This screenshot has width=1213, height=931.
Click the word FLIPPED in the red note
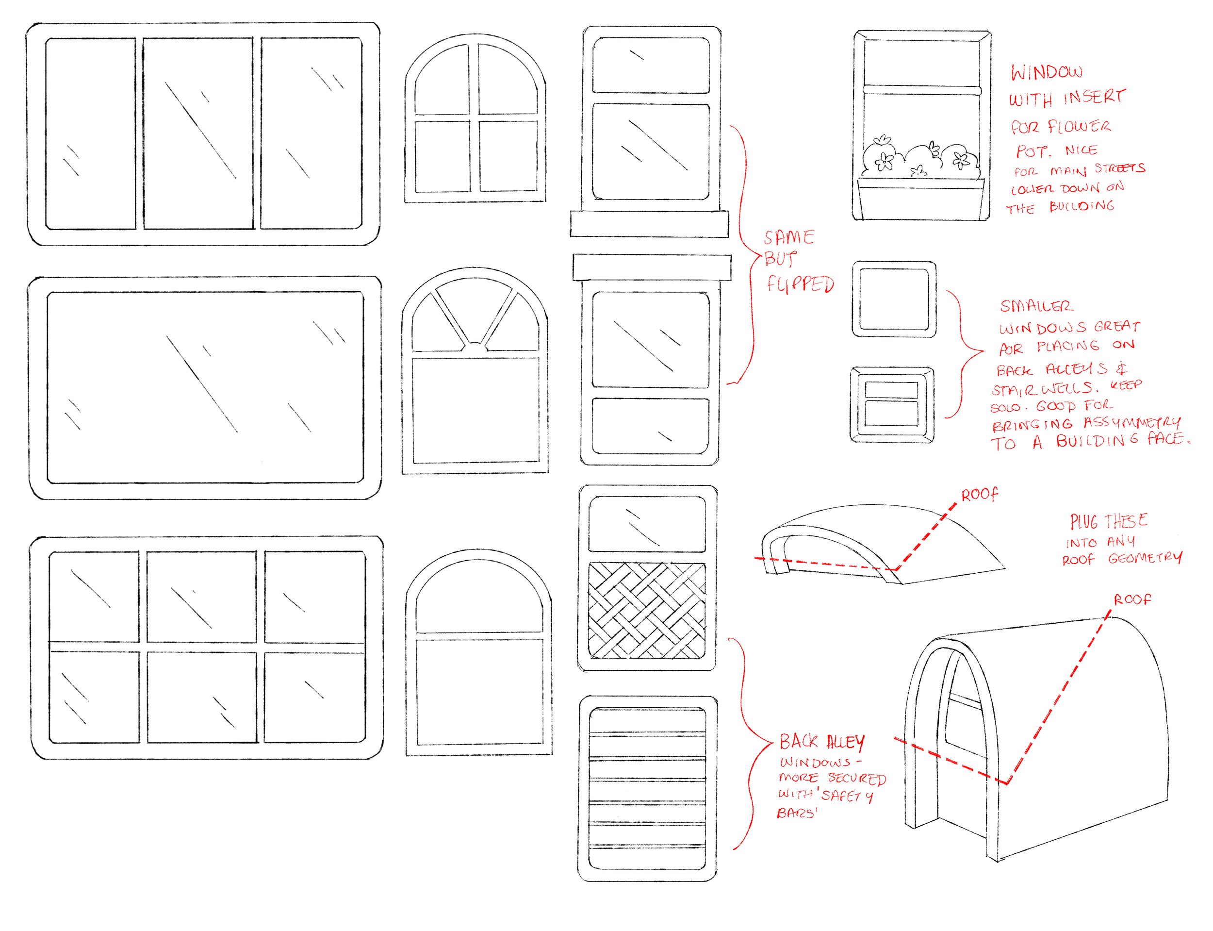(800, 284)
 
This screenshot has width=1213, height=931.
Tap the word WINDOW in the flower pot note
(1046, 72)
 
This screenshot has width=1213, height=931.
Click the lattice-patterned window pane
(646, 610)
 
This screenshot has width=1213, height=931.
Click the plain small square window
(893, 299)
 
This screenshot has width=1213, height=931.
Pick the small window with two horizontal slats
(891, 404)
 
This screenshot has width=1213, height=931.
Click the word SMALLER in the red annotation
(1036, 306)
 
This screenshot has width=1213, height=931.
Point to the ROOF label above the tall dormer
(1131, 599)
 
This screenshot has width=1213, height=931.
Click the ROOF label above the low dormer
(979, 494)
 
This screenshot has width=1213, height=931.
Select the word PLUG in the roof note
(1083, 521)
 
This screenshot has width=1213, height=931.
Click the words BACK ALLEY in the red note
(821, 742)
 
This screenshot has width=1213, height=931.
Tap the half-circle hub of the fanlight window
(475, 348)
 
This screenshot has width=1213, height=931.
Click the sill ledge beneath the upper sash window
(649, 224)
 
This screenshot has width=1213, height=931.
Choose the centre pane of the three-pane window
(198, 133)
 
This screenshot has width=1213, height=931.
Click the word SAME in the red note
(789, 238)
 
